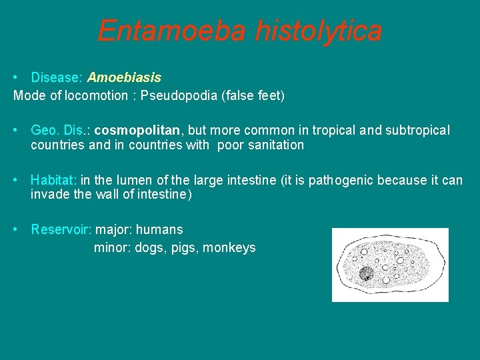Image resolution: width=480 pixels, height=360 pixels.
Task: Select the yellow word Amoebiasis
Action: pyautogui.click(x=124, y=78)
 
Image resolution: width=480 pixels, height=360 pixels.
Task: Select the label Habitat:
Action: pyautogui.click(x=54, y=180)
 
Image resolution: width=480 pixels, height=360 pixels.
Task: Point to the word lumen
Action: pyautogui.click(x=135, y=180)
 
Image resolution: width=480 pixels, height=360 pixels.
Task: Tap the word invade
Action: pyautogui.click(x=48, y=195)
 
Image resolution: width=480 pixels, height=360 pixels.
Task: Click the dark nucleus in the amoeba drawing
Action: pyautogui.click(x=365, y=273)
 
